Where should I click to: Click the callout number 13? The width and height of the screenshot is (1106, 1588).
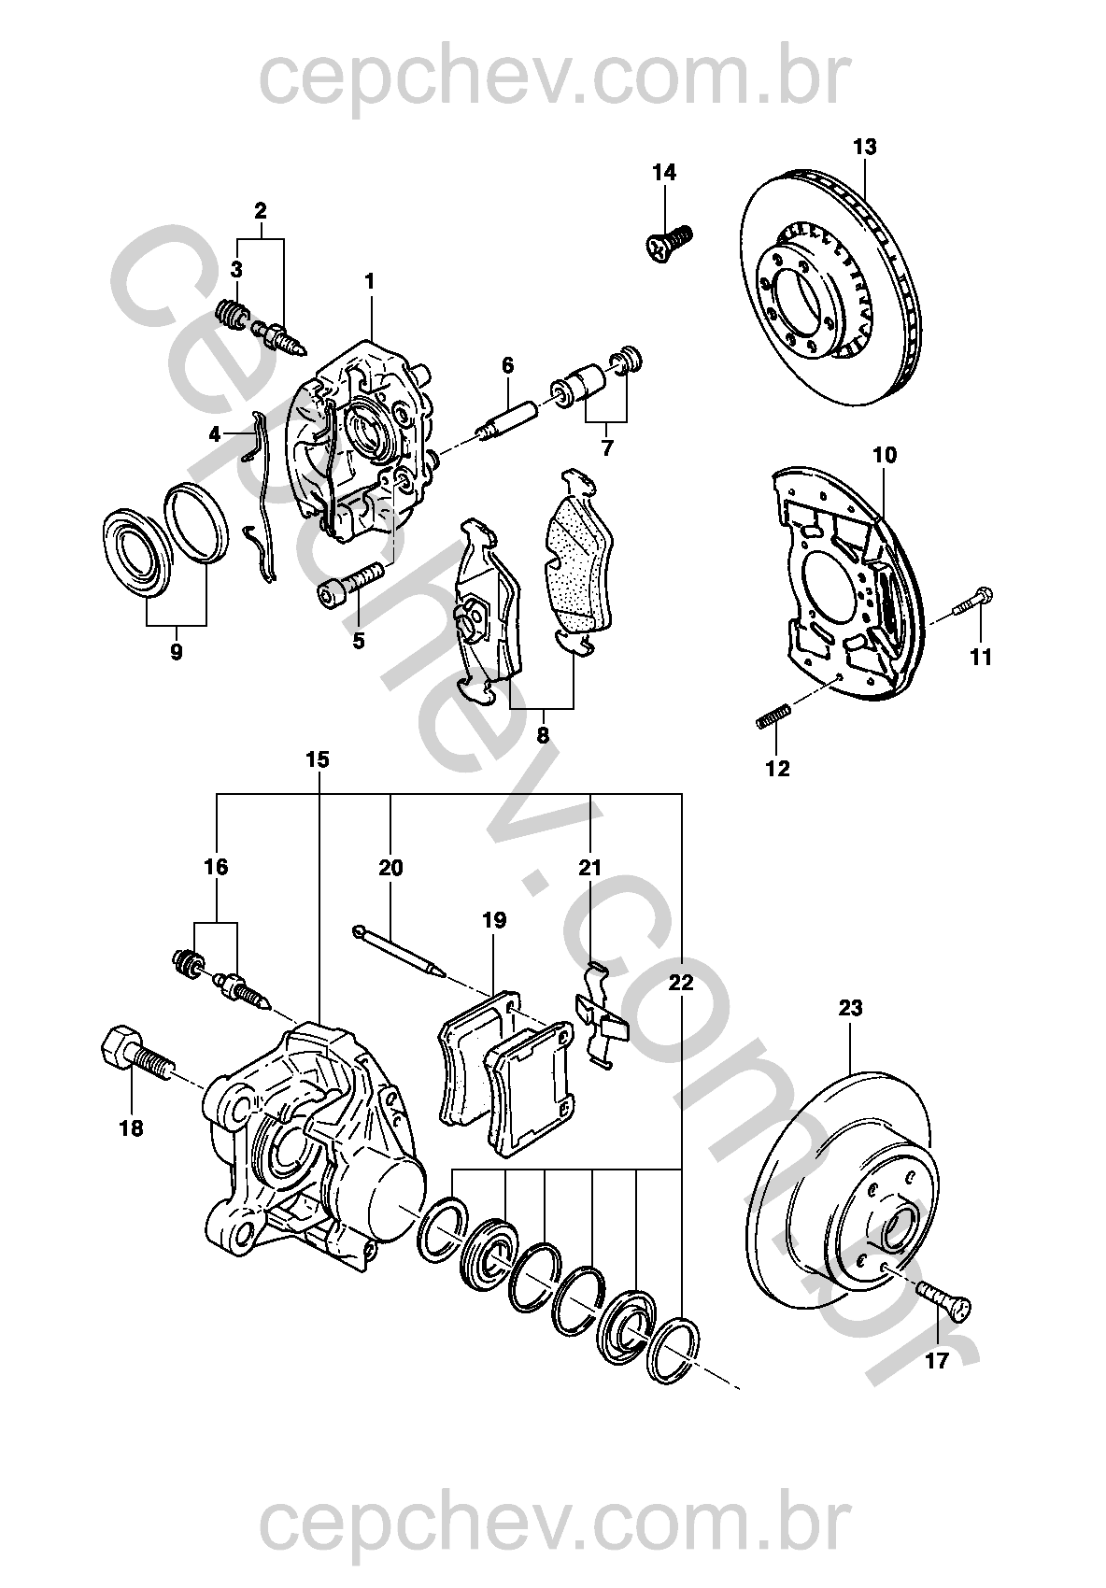[865, 147]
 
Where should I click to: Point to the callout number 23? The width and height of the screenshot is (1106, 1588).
[850, 1008]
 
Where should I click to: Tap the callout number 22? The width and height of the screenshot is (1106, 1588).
[681, 982]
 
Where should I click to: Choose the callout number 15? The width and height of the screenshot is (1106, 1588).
[318, 759]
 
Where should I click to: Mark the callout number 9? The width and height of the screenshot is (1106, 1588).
[177, 651]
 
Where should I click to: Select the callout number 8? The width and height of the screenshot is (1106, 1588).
[543, 734]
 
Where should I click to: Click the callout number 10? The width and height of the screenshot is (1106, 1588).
[885, 455]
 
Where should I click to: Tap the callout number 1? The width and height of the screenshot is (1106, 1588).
[370, 280]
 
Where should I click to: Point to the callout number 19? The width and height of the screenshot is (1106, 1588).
[494, 920]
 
